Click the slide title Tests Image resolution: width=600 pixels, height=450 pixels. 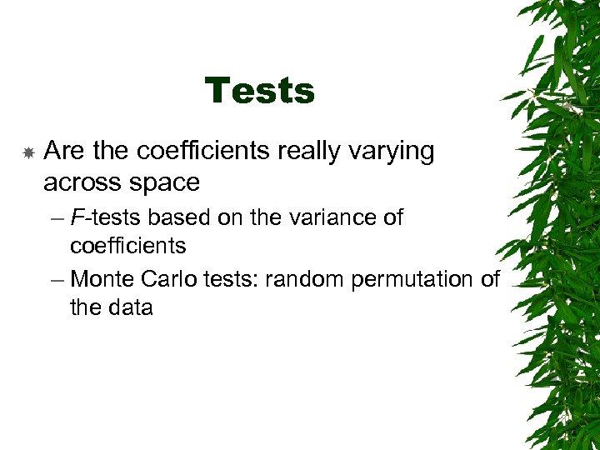click(259, 91)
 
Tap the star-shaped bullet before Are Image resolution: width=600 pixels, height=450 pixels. click(27, 152)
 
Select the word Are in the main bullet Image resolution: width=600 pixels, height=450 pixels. click(65, 152)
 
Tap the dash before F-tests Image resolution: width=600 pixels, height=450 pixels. click(56, 219)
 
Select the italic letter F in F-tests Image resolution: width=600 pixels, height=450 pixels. click(77, 218)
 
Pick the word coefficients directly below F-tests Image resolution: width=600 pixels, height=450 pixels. click(127, 247)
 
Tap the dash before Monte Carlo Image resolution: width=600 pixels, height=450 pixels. click(56, 280)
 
